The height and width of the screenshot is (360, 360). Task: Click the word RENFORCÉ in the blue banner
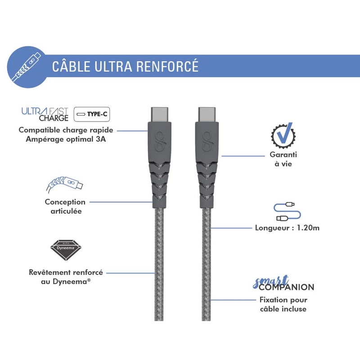(x=167, y=66)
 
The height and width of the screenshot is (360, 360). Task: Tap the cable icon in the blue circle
(x=27, y=67)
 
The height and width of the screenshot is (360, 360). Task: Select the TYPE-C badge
(x=92, y=114)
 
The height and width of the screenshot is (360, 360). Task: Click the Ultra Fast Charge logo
(x=45, y=114)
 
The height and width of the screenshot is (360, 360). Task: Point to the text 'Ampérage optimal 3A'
(x=66, y=139)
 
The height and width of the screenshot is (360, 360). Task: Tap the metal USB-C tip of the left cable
(x=160, y=115)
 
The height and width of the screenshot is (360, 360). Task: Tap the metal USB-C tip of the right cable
(x=207, y=115)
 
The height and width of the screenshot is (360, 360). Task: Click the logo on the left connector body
(x=160, y=142)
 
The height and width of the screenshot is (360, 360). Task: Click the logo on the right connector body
(x=207, y=142)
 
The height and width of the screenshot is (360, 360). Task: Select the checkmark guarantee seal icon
(x=283, y=135)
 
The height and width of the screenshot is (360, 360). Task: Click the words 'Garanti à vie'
(x=283, y=159)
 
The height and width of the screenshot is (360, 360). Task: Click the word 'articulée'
(x=66, y=211)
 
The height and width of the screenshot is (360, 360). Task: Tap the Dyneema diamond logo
(x=66, y=251)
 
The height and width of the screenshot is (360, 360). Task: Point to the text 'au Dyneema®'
(x=66, y=282)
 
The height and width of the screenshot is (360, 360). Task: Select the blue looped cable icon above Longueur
(x=287, y=211)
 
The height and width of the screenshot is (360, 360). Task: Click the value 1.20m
(x=308, y=228)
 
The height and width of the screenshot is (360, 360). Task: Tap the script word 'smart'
(x=270, y=282)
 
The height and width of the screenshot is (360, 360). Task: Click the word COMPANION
(x=287, y=287)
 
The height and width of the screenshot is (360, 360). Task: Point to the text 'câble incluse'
(x=283, y=309)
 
